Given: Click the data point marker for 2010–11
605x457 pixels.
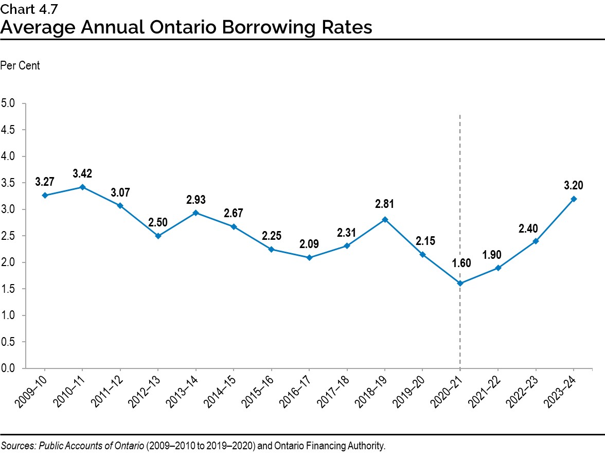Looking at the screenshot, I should (x=82, y=187).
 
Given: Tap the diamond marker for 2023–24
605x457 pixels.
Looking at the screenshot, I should (x=574, y=199).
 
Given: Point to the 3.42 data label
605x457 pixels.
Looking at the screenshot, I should (x=82, y=173).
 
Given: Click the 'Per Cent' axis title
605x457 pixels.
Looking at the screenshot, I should (x=20, y=66).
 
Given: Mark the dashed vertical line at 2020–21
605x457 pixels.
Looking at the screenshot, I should (x=459, y=206).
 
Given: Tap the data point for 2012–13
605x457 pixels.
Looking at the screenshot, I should (x=158, y=236).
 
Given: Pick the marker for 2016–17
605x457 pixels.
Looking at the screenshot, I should (x=309, y=257).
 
